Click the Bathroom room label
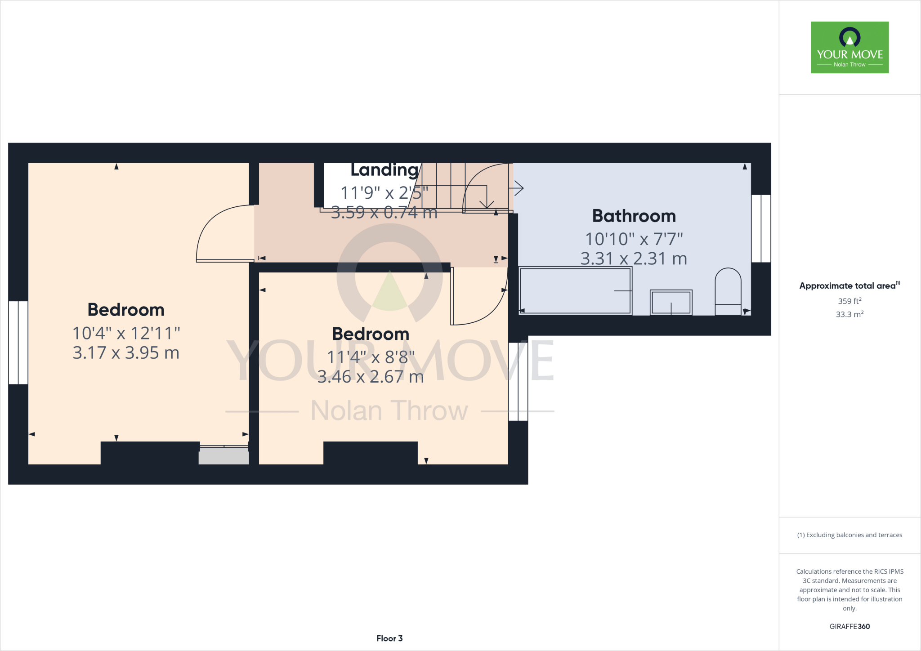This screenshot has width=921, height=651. coord(634,216)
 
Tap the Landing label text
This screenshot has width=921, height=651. coord(384,170)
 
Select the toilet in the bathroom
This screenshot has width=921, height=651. coord(728,292)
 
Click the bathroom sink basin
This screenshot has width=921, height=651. coord(671,302)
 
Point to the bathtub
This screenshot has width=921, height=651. coord(575,291)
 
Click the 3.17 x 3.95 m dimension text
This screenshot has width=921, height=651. coord(126,353)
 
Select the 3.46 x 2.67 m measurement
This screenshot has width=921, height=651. coord(371,377)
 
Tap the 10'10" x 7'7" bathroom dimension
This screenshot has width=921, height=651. coord(634,239)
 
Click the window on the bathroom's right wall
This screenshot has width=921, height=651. coord(761,228)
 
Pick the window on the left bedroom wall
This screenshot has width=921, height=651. coord(18,343)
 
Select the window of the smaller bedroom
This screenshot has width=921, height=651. coord(518,381)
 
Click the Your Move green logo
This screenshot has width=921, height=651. coord(849,47)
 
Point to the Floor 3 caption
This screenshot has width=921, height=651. coord(389,638)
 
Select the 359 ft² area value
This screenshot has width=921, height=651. coord(849,301)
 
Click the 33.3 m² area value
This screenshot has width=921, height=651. coord(849,314)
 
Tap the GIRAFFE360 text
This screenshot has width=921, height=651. coord(849,626)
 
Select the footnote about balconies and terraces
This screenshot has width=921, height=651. coord(849,535)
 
